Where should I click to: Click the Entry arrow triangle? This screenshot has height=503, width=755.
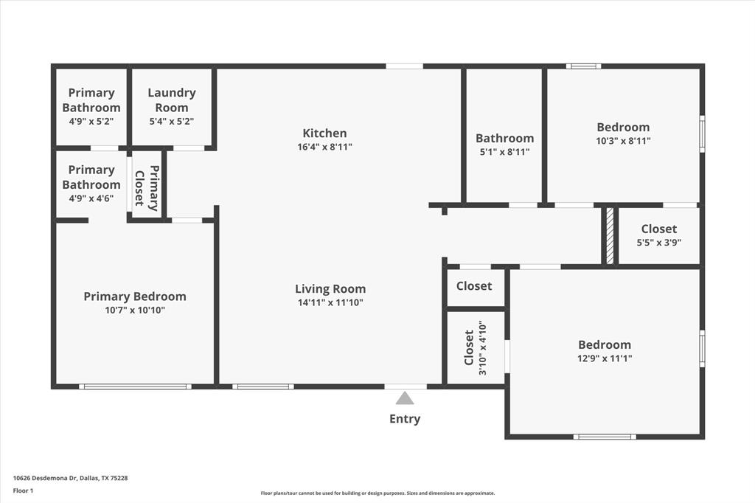pyautogui.click(x=405, y=398)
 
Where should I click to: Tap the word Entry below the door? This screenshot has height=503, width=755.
pyautogui.click(x=405, y=419)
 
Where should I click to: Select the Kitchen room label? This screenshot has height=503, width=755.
pyautogui.click(x=324, y=133)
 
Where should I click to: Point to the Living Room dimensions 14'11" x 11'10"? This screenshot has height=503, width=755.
pyautogui.click(x=330, y=302)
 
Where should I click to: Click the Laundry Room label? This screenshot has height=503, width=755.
pyautogui.click(x=172, y=100)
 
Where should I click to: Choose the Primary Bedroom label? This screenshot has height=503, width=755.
pyautogui.click(x=135, y=296)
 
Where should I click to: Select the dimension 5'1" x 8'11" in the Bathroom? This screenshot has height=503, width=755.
pyautogui.click(x=504, y=152)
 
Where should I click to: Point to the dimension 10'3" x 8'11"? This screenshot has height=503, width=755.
pyautogui.click(x=623, y=141)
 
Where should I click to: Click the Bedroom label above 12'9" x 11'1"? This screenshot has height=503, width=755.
pyautogui.click(x=605, y=344)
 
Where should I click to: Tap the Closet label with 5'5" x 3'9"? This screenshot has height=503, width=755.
pyautogui.click(x=658, y=229)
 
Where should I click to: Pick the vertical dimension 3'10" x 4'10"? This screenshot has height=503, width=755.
pyautogui.click(x=482, y=347)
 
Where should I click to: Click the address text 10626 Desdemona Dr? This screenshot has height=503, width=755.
pyautogui.click(x=44, y=478)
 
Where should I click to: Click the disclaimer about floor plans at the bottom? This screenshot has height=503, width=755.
pyautogui.click(x=377, y=493)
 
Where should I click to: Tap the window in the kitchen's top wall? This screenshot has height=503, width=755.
pyautogui.click(x=404, y=66)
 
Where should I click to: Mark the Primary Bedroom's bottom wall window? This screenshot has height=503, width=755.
pyautogui.click(x=135, y=386)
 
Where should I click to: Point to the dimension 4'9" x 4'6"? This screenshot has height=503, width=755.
pyautogui.click(x=91, y=198)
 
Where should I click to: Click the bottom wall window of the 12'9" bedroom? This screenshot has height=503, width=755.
pyautogui.click(x=605, y=437)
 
